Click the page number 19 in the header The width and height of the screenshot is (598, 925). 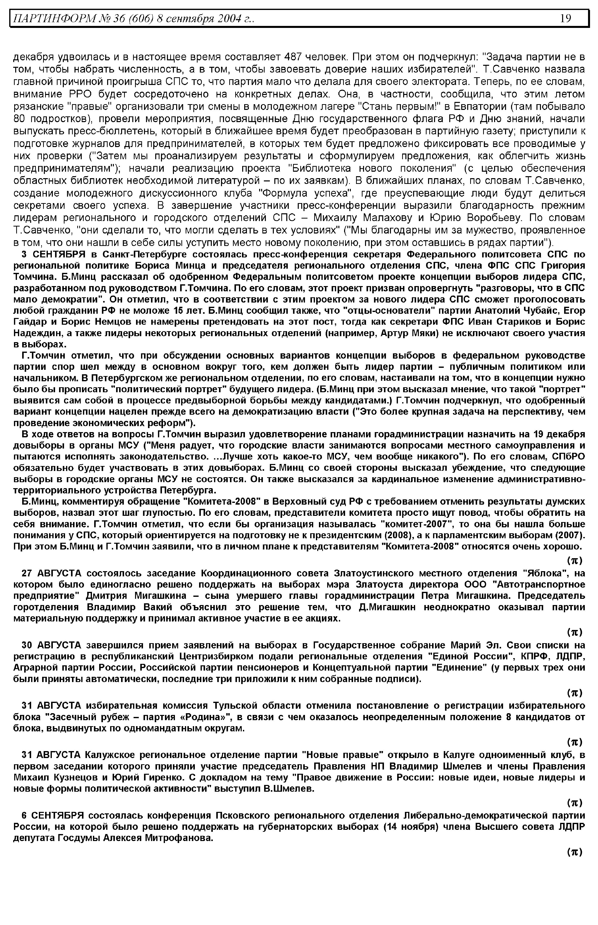point(565,18)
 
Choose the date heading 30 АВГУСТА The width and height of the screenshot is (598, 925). point(51,645)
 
